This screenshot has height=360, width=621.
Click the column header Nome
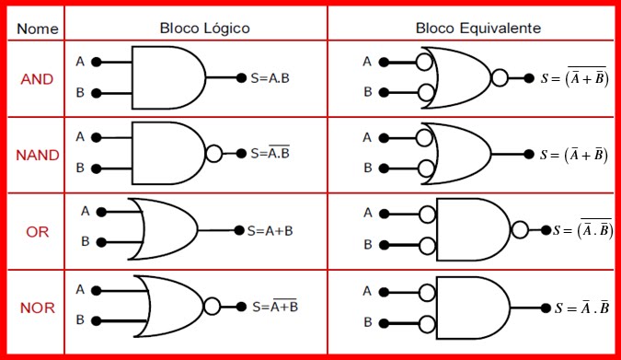pos(35,29)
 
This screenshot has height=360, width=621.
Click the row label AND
pos(37,79)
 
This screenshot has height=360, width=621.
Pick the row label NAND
pos(38,155)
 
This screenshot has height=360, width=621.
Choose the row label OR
pos(38,231)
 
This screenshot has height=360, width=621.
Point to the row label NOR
pos(38,307)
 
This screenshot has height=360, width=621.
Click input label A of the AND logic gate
pos(80,62)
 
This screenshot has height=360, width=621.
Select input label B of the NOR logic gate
pos(80,320)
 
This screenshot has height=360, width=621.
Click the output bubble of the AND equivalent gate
pos(500,78)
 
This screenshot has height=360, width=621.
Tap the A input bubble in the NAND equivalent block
pos(425,137)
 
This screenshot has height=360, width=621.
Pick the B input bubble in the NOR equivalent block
pos(426,322)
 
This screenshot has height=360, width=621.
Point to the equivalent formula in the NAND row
pos(575,155)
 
